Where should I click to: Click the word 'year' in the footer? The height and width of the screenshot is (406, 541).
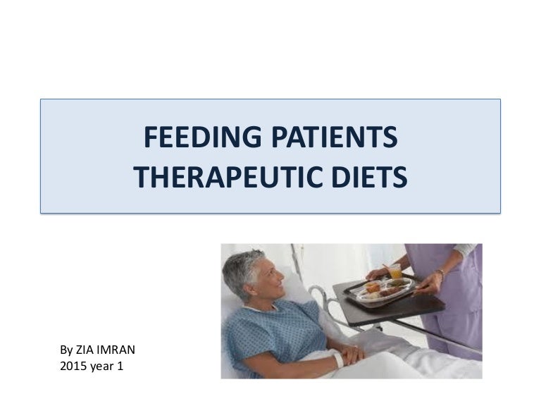tap(103, 366)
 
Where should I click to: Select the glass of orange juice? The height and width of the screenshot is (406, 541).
tap(394, 271)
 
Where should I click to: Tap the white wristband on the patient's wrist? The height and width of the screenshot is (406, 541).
tap(338, 359)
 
